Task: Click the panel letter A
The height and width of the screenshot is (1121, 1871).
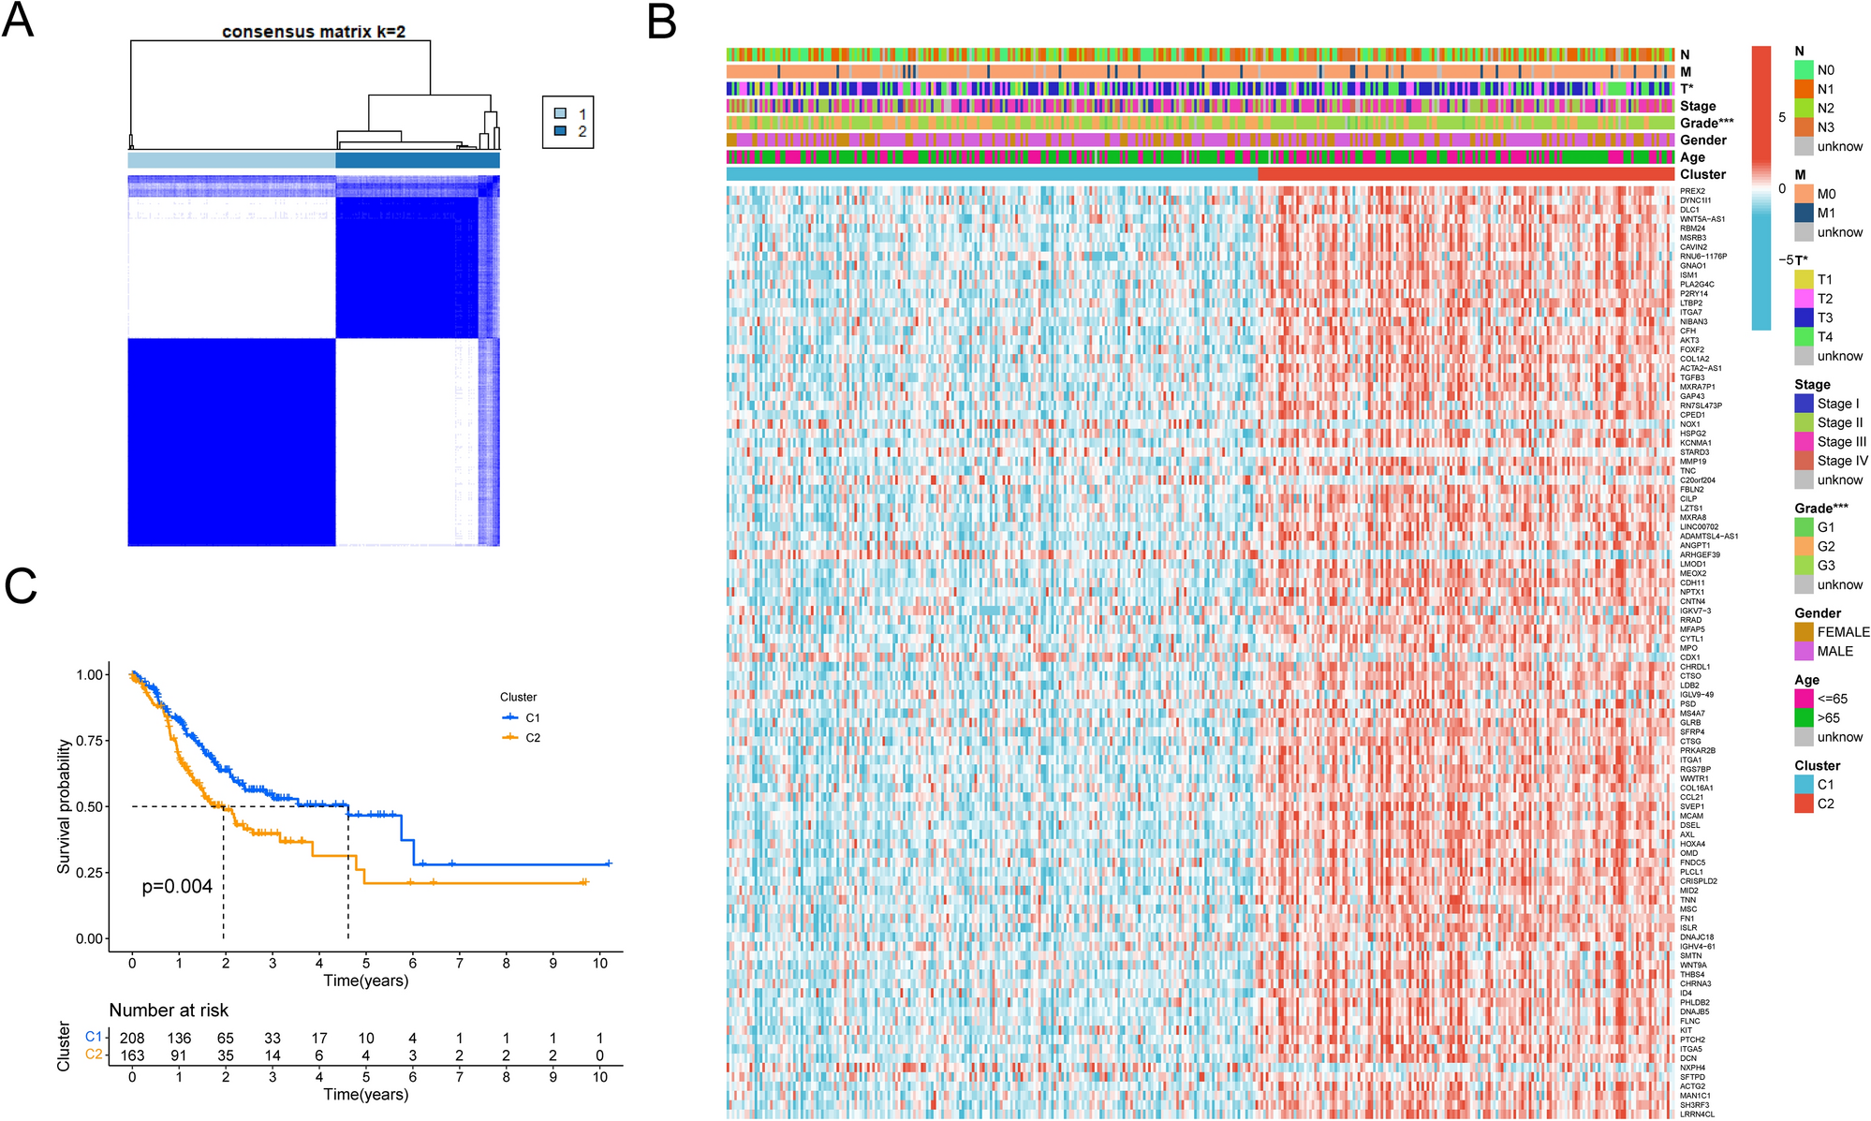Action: tap(18, 21)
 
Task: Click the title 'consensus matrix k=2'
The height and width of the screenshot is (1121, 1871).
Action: tap(314, 32)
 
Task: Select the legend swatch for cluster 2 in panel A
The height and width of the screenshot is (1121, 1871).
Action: tap(560, 131)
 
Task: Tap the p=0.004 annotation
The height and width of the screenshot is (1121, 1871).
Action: tap(177, 886)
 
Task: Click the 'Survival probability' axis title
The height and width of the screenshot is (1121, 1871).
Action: tap(64, 806)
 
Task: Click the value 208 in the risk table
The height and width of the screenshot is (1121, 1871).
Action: tap(132, 1038)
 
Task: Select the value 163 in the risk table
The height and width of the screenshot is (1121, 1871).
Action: tap(132, 1055)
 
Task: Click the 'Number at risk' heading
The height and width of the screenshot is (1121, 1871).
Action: tap(169, 1010)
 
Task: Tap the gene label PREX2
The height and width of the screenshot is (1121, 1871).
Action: tap(1692, 191)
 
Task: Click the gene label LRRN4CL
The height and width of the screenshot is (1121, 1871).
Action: tap(1697, 1114)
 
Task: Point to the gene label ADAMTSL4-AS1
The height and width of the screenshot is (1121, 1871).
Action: tap(1708, 536)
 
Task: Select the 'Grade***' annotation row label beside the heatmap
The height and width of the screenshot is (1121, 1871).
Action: tap(1706, 123)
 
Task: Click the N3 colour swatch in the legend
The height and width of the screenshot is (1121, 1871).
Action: tap(1804, 127)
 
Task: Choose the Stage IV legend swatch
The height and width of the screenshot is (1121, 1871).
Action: tap(1804, 461)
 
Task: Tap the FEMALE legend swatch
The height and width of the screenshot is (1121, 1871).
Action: tap(1804, 632)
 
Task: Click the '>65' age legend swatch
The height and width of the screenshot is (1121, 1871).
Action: tap(1804, 718)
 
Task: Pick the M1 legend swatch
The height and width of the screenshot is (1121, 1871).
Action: tap(1804, 214)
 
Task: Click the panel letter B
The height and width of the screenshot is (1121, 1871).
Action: tap(662, 21)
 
